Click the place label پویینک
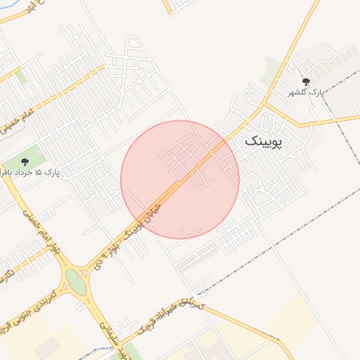[x=264, y=141]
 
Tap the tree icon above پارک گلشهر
[x=305, y=82]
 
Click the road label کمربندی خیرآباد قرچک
[x=169, y=319]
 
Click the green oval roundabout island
[x=76, y=283]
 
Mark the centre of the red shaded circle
[x=180, y=179]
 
